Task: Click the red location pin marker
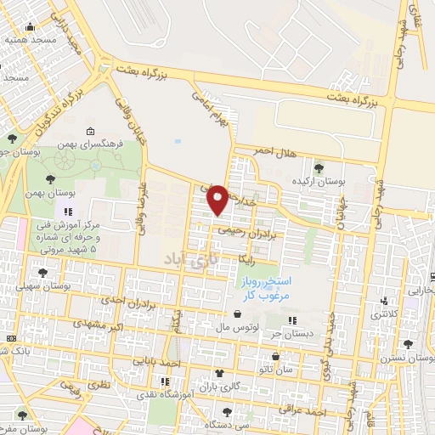tap(217, 199)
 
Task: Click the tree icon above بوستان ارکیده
tap(319, 167)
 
